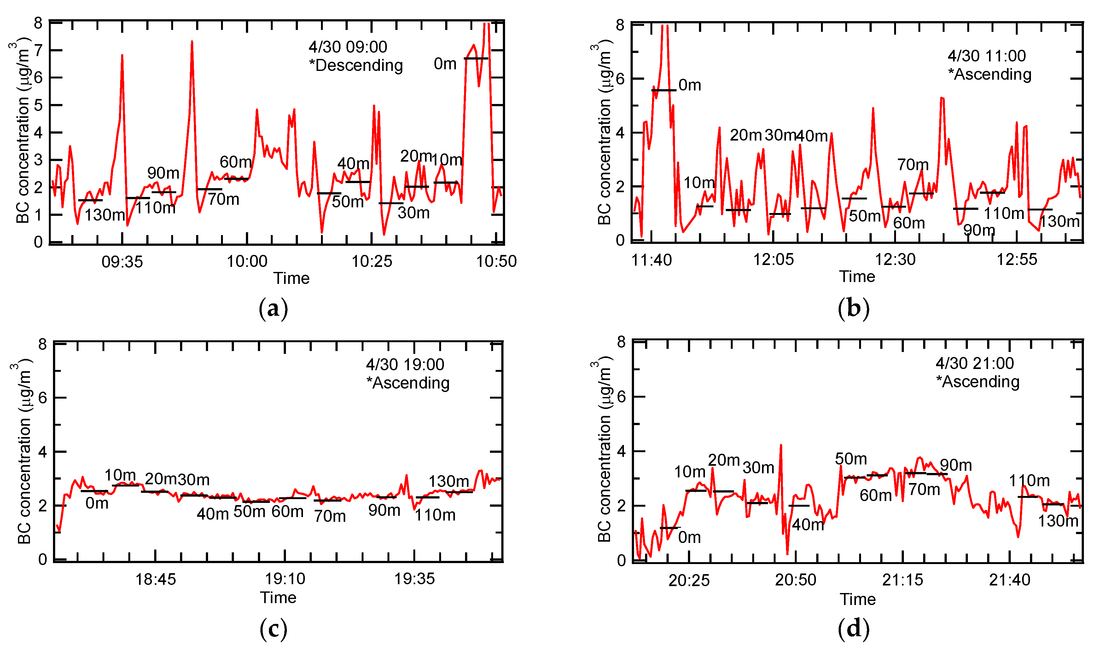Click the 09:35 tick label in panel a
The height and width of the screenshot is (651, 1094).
pos(122,262)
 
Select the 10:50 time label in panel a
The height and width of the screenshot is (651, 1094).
pos(496,262)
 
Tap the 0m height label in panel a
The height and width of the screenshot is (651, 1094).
pos(445,64)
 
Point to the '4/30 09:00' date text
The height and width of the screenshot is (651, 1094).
pos(347,47)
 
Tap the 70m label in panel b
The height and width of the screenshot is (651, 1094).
pos(912,164)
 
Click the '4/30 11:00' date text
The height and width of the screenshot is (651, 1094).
pos(986,56)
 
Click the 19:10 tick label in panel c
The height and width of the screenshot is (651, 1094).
pos(285,579)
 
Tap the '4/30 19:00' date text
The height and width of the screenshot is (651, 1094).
pos(404,364)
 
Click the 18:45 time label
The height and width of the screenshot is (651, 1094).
pos(155,579)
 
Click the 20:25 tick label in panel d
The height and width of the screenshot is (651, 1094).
pos(689,580)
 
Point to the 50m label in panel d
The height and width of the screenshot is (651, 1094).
pos(850,459)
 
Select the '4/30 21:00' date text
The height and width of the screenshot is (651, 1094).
pos(974,363)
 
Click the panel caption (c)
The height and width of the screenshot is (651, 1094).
pos(273,629)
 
